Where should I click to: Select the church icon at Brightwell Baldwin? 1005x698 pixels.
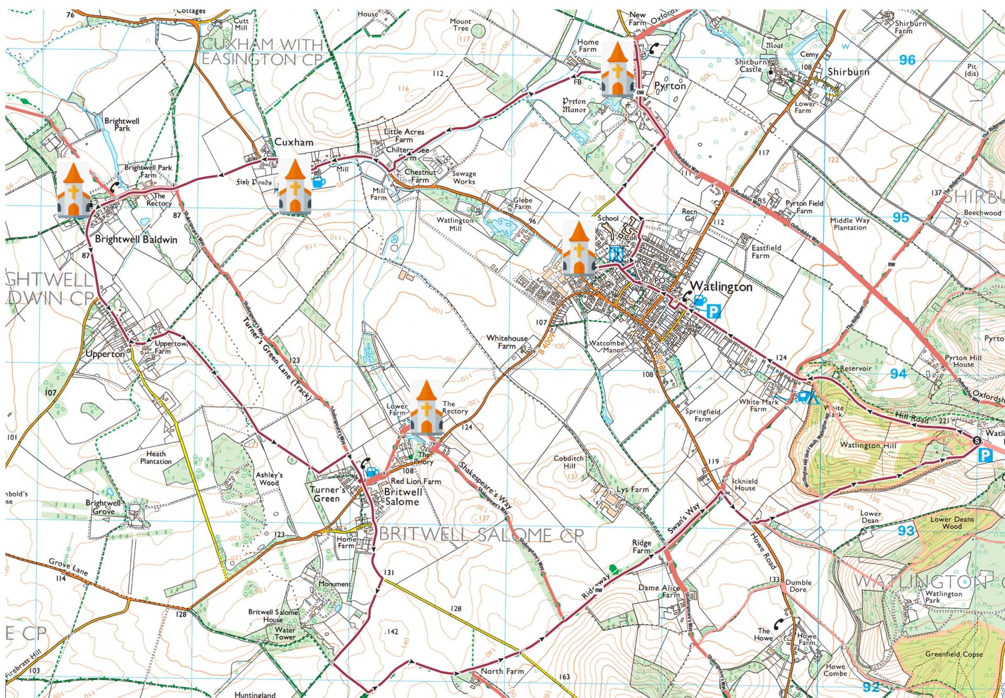coord(73,189)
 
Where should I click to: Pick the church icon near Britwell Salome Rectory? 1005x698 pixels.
coord(427,408)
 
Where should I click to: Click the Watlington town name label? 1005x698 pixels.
coord(721,287)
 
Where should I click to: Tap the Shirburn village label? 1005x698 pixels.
coord(848,72)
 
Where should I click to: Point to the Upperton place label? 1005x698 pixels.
coord(105,354)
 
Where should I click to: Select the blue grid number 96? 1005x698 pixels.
coord(907,60)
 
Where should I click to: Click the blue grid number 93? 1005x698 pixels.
coord(906,531)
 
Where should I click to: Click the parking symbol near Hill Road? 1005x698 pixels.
coord(985,455)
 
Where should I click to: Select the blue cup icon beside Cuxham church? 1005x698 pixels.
coord(318,182)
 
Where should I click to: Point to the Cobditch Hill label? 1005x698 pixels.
coord(568,462)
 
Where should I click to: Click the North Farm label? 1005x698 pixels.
coord(502,671)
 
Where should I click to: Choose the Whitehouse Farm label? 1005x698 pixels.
coord(507,342)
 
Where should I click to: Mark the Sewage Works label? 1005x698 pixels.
coord(464,177)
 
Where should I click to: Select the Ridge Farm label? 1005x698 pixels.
coord(641,546)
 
